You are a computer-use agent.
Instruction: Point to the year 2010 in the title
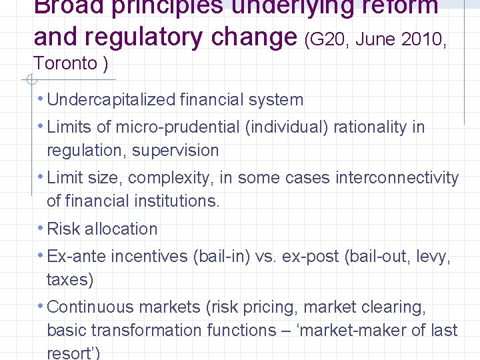tap(415, 40)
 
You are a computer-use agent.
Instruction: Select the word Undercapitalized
tap(111, 100)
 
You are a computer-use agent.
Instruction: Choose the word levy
tap(433, 257)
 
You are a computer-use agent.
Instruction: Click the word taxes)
tap(70, 279)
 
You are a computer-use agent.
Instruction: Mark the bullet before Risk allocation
tap(41, 228)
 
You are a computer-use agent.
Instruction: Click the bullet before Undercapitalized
tap(41, 99)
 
